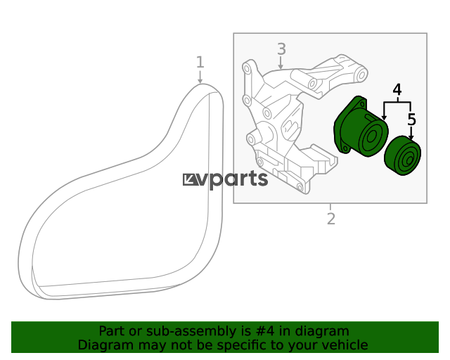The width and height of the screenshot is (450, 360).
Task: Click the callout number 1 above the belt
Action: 200,62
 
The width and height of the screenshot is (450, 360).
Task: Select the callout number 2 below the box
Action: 331,219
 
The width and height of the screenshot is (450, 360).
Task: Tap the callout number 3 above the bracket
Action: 281,49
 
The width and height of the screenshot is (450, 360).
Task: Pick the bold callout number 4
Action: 397,90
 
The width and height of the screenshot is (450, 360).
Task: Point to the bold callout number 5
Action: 411,120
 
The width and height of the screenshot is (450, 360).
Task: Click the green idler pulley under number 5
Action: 403,155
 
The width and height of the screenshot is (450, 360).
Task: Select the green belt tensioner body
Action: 361,127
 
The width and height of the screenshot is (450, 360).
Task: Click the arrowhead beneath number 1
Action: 200,82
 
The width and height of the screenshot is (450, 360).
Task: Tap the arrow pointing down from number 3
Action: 281,63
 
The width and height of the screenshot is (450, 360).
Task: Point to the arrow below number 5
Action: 411,134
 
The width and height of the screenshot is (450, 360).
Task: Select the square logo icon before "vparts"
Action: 191,180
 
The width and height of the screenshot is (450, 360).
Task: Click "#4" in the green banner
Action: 264,331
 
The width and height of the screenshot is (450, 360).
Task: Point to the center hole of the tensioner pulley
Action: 371,136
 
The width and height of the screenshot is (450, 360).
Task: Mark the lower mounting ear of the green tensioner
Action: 345,148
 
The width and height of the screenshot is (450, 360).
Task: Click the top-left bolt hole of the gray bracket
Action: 246,68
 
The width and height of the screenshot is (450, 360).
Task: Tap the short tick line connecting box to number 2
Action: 330,207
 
